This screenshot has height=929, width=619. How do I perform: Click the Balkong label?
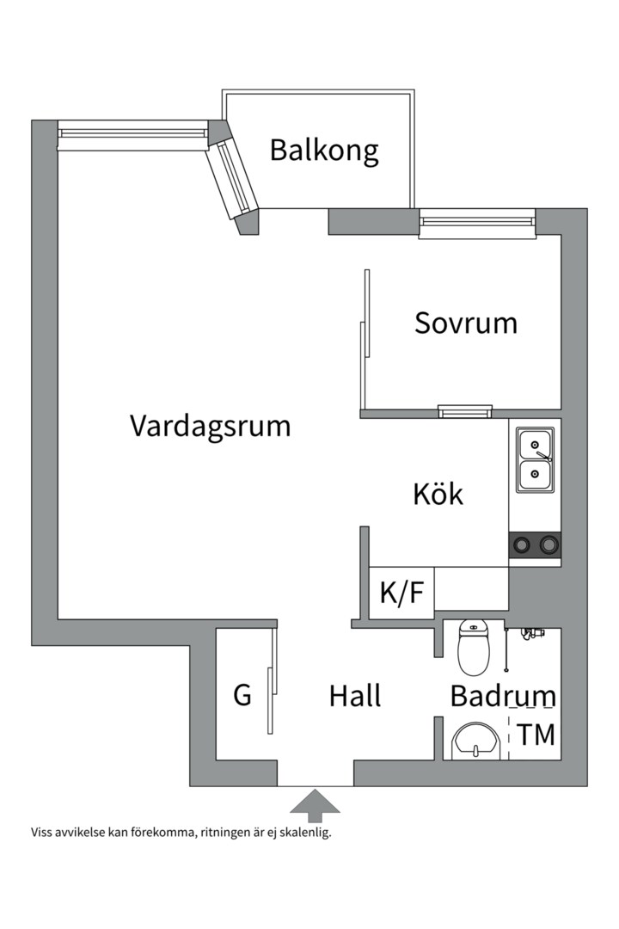click(x=324, y=150)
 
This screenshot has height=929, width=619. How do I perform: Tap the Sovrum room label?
click(x=466, y=323)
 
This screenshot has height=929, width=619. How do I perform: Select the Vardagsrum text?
click(x=210, y=426)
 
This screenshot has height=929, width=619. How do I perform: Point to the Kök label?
click(x=438, y=495)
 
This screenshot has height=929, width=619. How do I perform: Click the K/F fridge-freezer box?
click(x=401, y=593)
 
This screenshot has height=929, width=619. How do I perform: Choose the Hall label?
click(x=354, y=696)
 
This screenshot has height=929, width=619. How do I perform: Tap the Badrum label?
click(x=502, y=696)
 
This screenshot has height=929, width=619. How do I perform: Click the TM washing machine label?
click(x=536, y=735)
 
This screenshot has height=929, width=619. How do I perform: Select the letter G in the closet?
click(x=243, y=695)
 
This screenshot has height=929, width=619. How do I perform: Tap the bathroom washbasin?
click(x=475, y=741)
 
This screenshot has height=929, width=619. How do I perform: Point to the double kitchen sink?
click(x=535, y=459)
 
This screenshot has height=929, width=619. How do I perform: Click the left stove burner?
click(x=521, y=544)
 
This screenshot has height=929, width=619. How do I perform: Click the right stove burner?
click(x=548, y=544)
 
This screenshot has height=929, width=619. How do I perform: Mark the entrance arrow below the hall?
click(x=315, y=804)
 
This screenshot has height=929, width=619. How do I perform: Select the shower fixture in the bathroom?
click(x=532, y=634)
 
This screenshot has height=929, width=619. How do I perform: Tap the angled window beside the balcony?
click(x=235, y=180)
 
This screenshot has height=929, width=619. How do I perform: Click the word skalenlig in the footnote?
click(x=303, y=833)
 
